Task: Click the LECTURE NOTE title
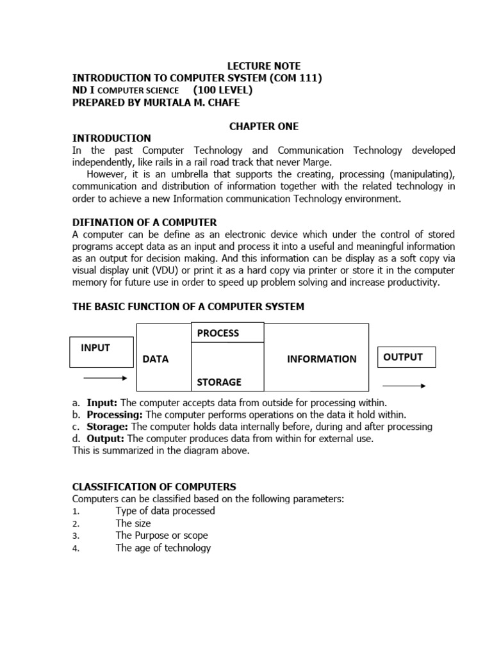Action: coord(264,66)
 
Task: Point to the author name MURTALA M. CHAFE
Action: coord(199,102)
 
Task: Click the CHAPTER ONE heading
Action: coord(264,126)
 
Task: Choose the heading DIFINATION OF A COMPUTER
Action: coord(144,222)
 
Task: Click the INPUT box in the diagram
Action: coord(102,352)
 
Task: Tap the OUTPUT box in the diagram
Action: coord(406,357)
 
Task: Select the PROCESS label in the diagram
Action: coord(218,333)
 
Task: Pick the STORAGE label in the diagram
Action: coord(219,382)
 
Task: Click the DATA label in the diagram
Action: coord(156,359)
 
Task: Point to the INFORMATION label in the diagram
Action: coord(322,359)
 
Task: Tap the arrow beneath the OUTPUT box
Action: coord(404,386)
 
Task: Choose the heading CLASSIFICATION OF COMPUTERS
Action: coord(154,486)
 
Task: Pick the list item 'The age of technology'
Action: coord(163,548)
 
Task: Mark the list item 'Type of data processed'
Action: coord(165,511)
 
